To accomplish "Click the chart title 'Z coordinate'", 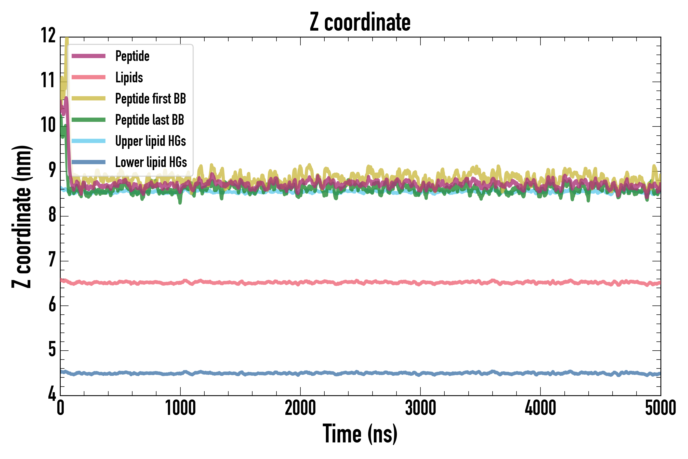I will point(360,22).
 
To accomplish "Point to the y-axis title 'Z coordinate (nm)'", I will point(22,216).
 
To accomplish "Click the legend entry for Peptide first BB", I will point(150,99).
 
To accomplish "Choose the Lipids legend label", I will point(129,78).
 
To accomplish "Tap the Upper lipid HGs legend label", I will point(150,141).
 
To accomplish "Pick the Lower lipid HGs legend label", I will point(151,162).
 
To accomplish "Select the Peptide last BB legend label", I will point(150,120).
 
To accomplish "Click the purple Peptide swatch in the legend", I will point(88,56).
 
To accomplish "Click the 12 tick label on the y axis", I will point(48,36).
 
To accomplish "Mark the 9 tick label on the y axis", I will point(52,170).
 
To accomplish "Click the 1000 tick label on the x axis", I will point(180,408).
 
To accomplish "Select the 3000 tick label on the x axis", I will point(420,408).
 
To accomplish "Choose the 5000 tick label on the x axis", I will point(660,408).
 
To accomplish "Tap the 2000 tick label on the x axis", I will point(300,408).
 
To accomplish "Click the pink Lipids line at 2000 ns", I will point(300,283).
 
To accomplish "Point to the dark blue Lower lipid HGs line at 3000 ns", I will point(420,374).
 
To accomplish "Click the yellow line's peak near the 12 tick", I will point(67,40).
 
